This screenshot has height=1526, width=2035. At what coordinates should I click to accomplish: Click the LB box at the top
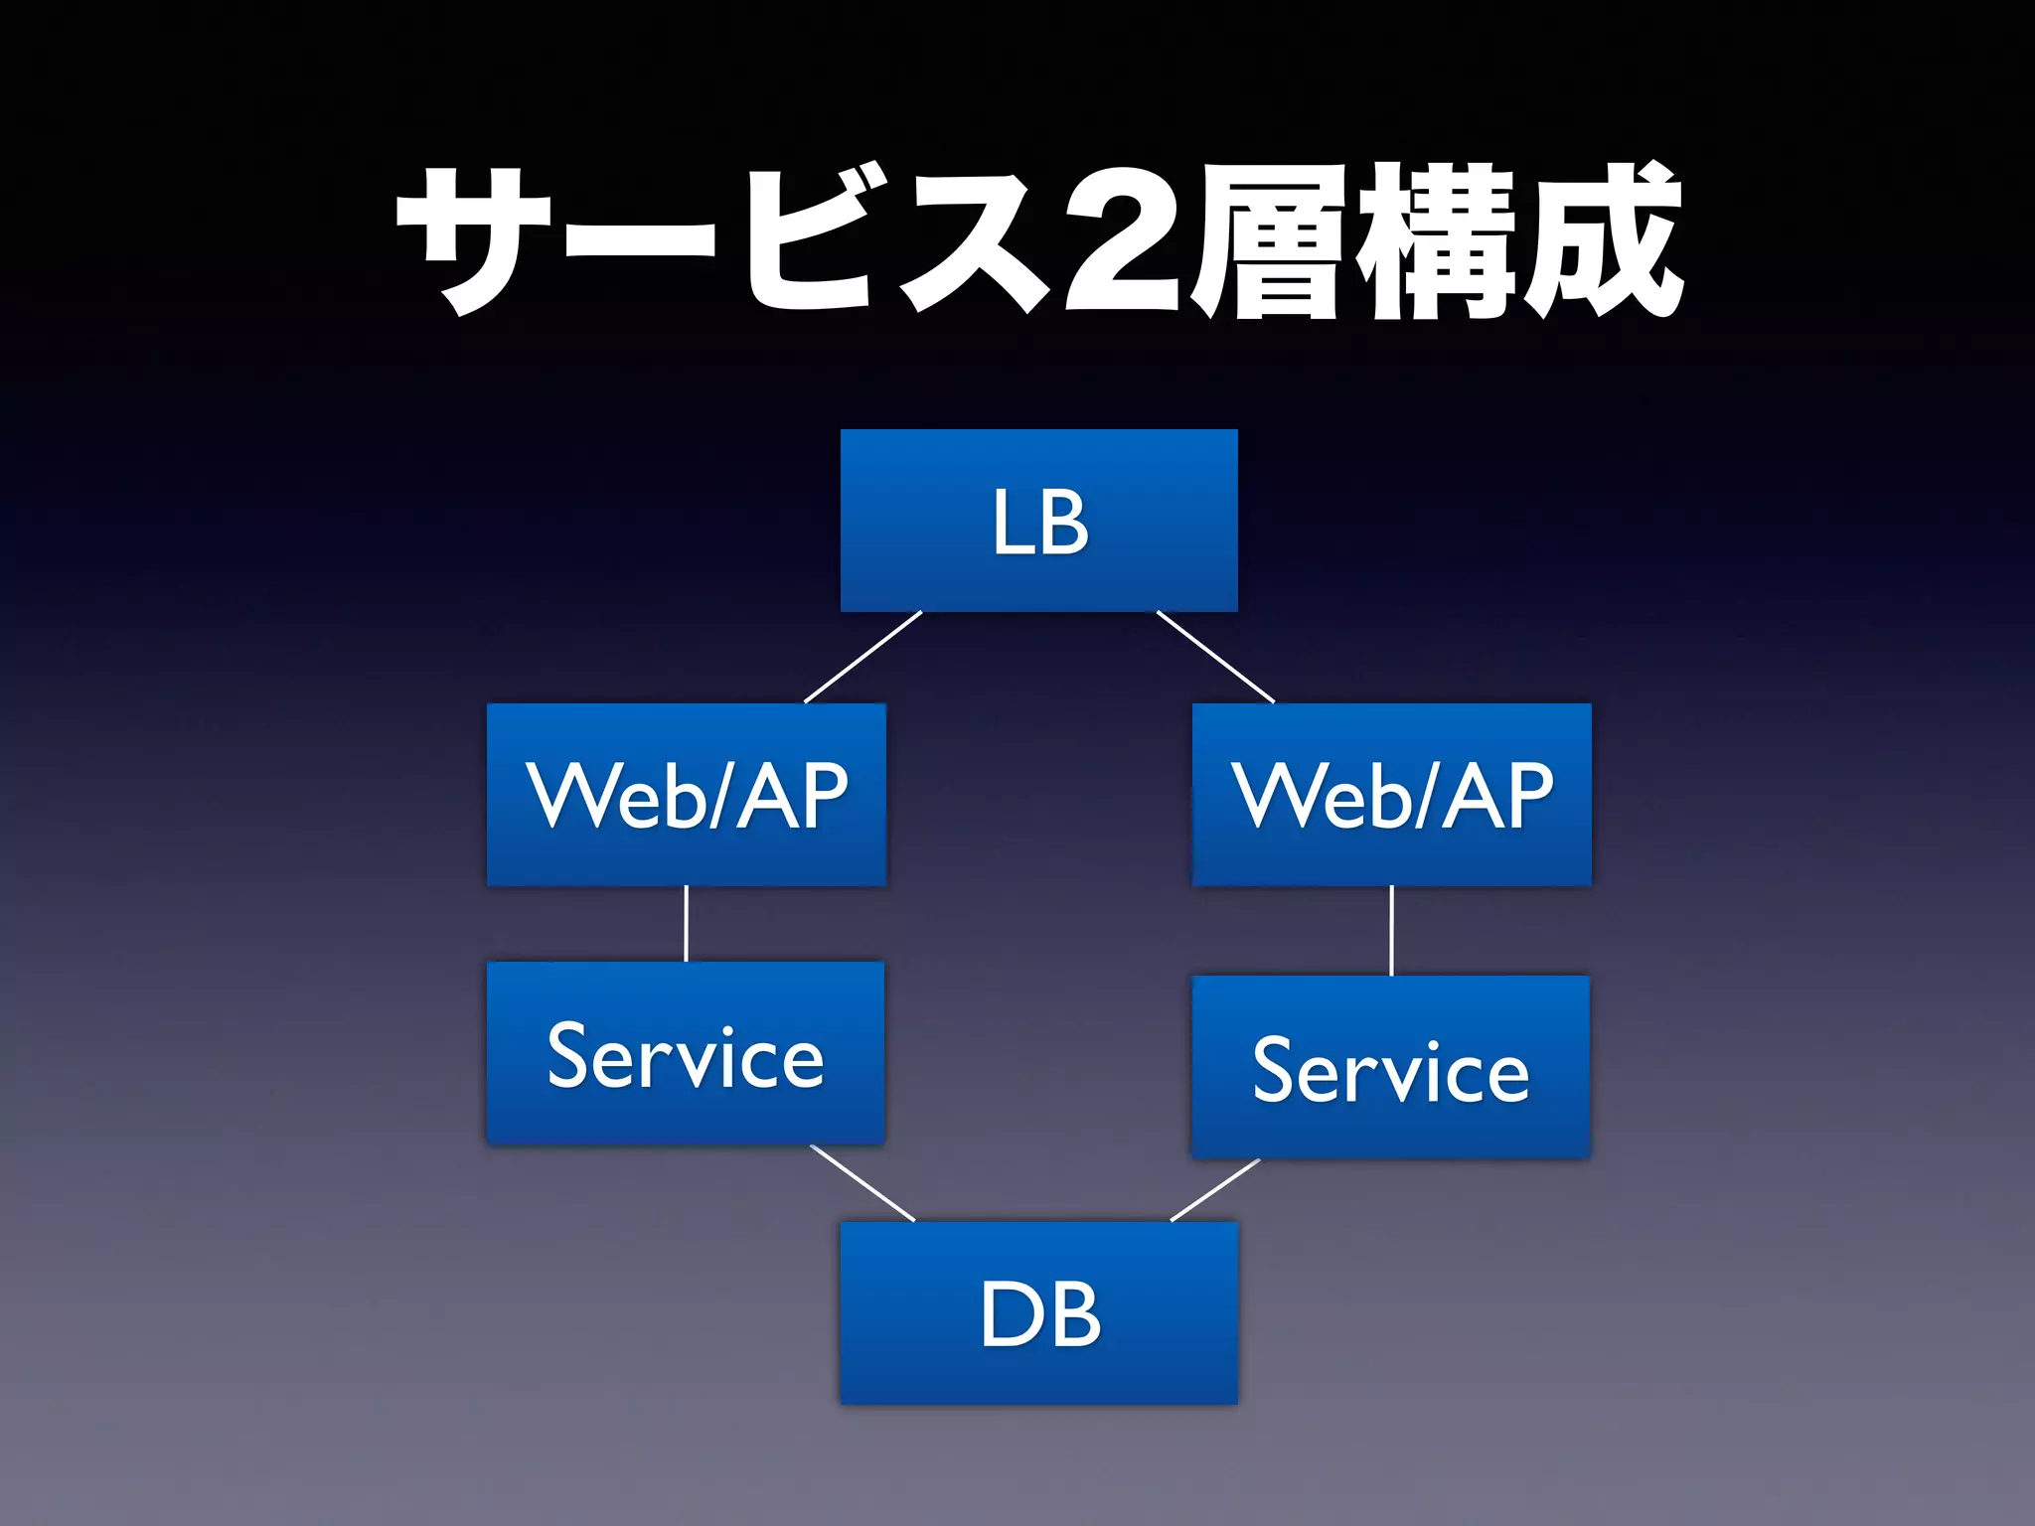coord(1038,521)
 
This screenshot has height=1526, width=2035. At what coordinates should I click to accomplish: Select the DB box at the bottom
coord(1038,1312)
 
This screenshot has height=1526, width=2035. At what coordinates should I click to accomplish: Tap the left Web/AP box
coord(686,795)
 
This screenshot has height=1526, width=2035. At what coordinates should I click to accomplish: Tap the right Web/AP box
coord(1391,795)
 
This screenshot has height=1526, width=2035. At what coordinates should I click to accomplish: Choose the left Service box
coord(686,1053)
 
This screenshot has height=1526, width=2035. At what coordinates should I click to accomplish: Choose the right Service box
coord(1391,1067)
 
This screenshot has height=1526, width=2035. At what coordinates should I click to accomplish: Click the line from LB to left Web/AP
coord(862,658)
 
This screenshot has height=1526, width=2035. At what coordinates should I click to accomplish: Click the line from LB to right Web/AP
coord(1215,657)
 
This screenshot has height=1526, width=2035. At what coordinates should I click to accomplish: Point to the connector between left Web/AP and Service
coord(686,924)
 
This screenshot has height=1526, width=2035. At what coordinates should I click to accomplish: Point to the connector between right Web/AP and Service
coord(1391,931)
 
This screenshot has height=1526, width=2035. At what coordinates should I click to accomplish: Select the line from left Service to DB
coord(862,1183)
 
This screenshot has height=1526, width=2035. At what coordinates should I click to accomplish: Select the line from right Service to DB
coord(1215,1189)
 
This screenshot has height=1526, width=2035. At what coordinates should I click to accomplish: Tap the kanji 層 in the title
coord(1272,243)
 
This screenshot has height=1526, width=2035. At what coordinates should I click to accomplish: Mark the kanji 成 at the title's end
coord(1600,243)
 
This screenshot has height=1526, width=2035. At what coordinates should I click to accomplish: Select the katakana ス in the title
coord(974,243)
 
